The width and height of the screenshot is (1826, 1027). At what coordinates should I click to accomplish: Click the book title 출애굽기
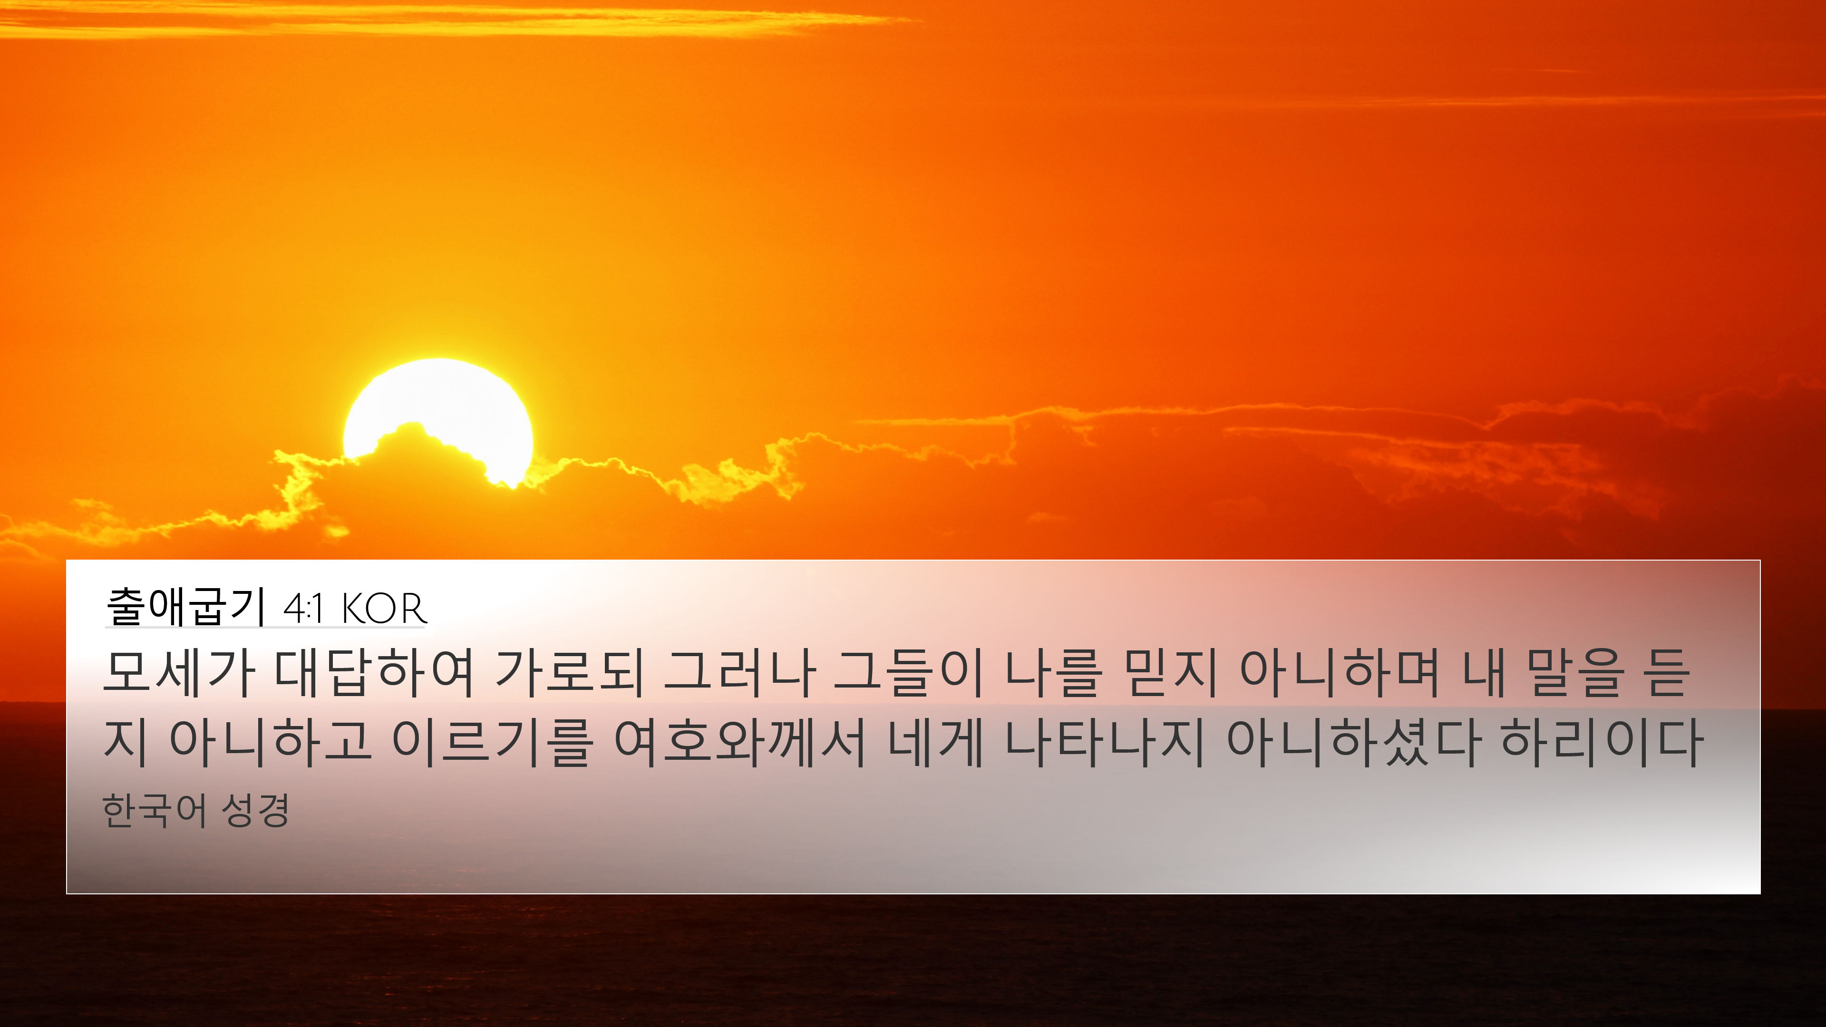pos(186,607)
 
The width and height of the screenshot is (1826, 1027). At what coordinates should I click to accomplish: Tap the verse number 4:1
pos(303,609)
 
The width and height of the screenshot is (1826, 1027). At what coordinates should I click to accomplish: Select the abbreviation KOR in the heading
pos(383,609)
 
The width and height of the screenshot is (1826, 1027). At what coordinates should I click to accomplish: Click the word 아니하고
pos(270,742)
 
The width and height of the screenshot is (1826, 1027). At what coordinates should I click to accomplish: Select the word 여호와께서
pos(739,742)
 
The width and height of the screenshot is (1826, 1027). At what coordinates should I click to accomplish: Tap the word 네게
pos(935,742)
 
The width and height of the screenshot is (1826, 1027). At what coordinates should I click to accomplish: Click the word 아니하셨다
pos(1352,742)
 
